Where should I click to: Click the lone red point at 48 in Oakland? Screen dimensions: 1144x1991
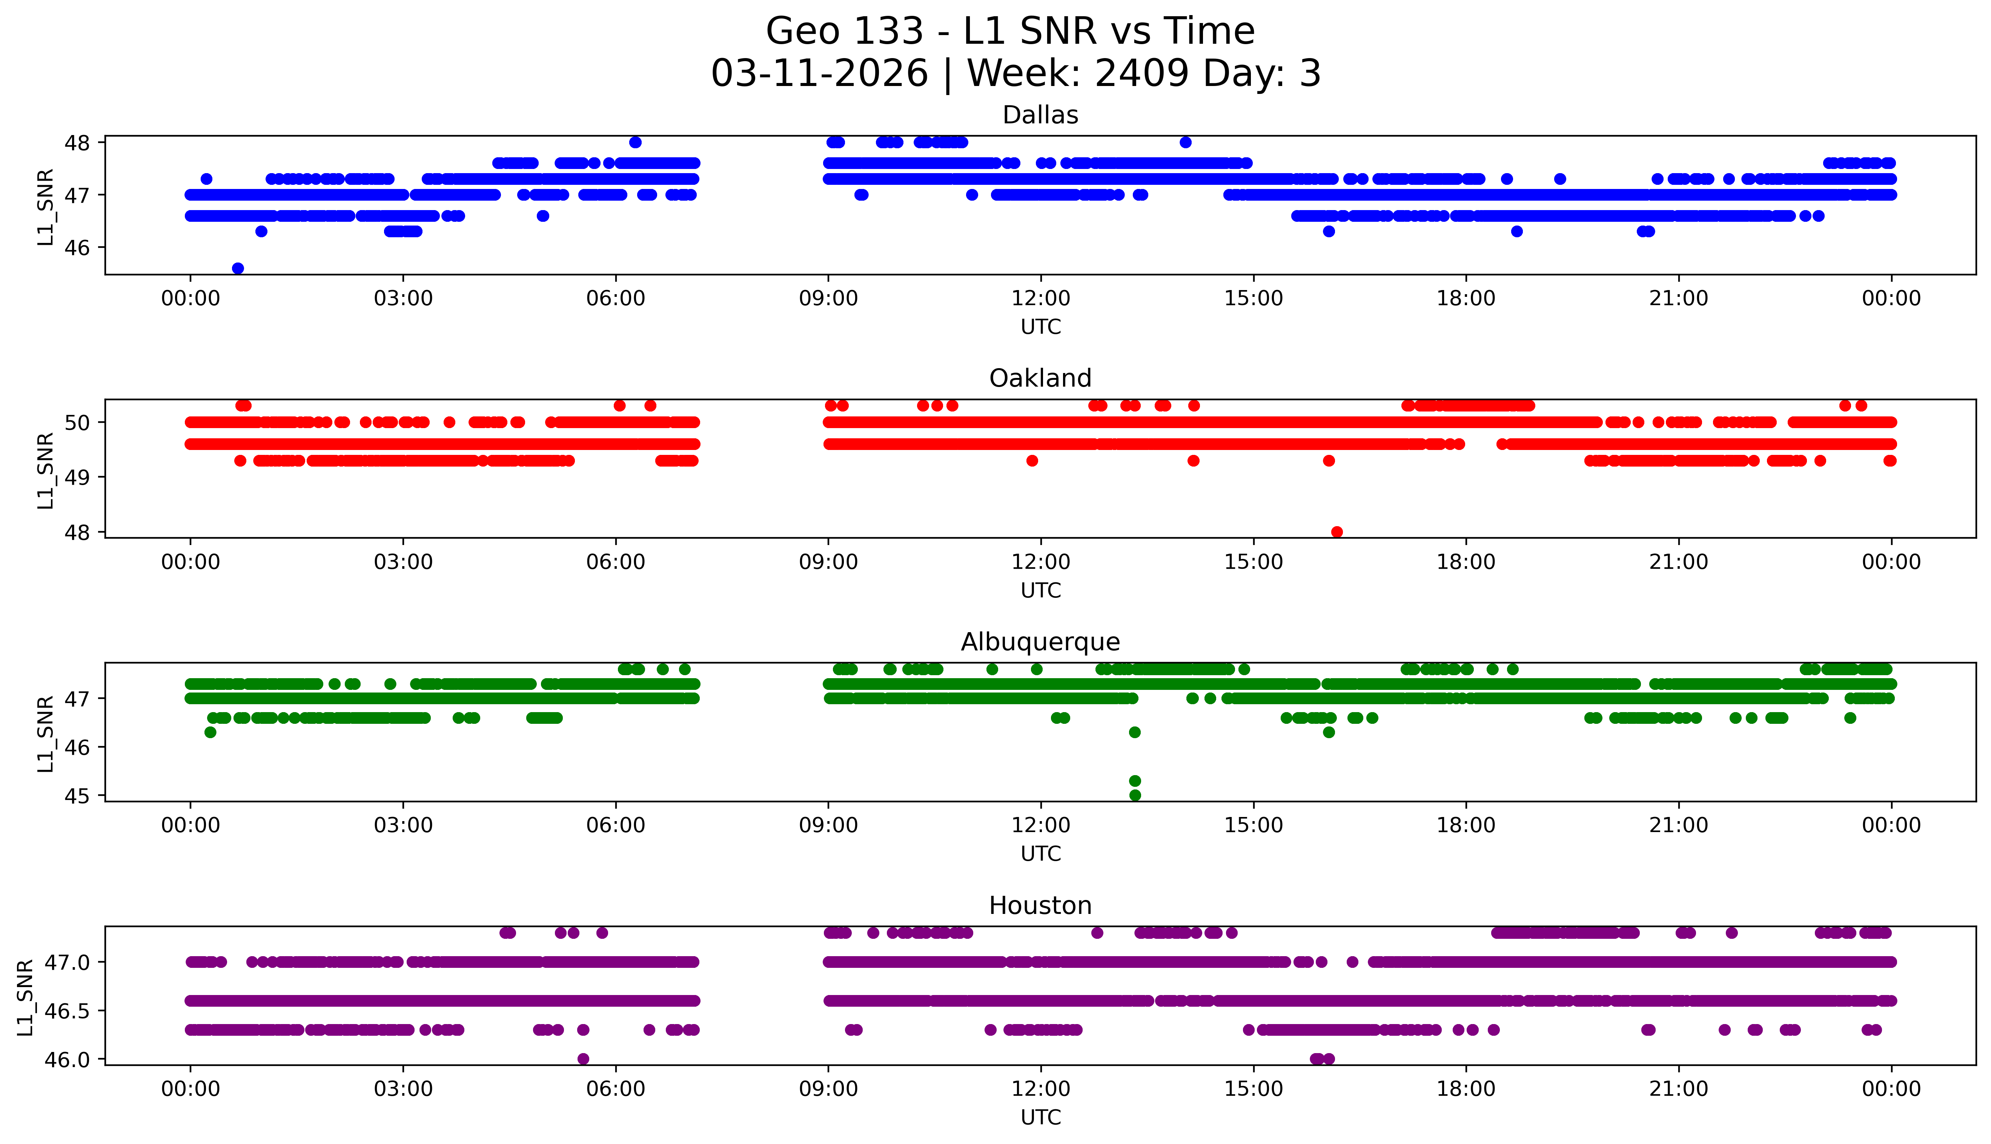[x=1337, y=532]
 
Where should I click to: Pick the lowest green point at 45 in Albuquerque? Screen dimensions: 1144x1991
[x=1135, y=795]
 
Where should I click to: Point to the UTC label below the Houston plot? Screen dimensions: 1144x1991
[x=1040, y=1117]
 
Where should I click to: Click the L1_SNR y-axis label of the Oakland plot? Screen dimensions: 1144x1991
[x=46, y=470]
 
